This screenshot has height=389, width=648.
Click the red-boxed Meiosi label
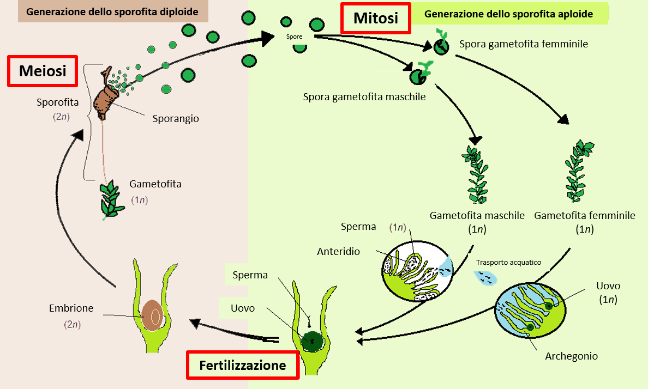[43, 71]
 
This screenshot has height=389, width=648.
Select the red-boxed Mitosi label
[376, 19]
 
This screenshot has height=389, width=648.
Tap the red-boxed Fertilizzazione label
[243, 365]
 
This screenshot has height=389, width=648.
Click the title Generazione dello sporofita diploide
[113, 11]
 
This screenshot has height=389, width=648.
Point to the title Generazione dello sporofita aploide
[508, 14]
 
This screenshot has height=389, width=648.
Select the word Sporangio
[175, 118]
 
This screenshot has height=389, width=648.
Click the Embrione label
[71, 308]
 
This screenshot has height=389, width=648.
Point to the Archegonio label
[571, 356]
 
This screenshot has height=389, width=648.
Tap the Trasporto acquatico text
[508, 263]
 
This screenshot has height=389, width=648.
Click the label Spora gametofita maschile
[364, 97]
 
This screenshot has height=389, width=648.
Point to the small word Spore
[294, 37]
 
